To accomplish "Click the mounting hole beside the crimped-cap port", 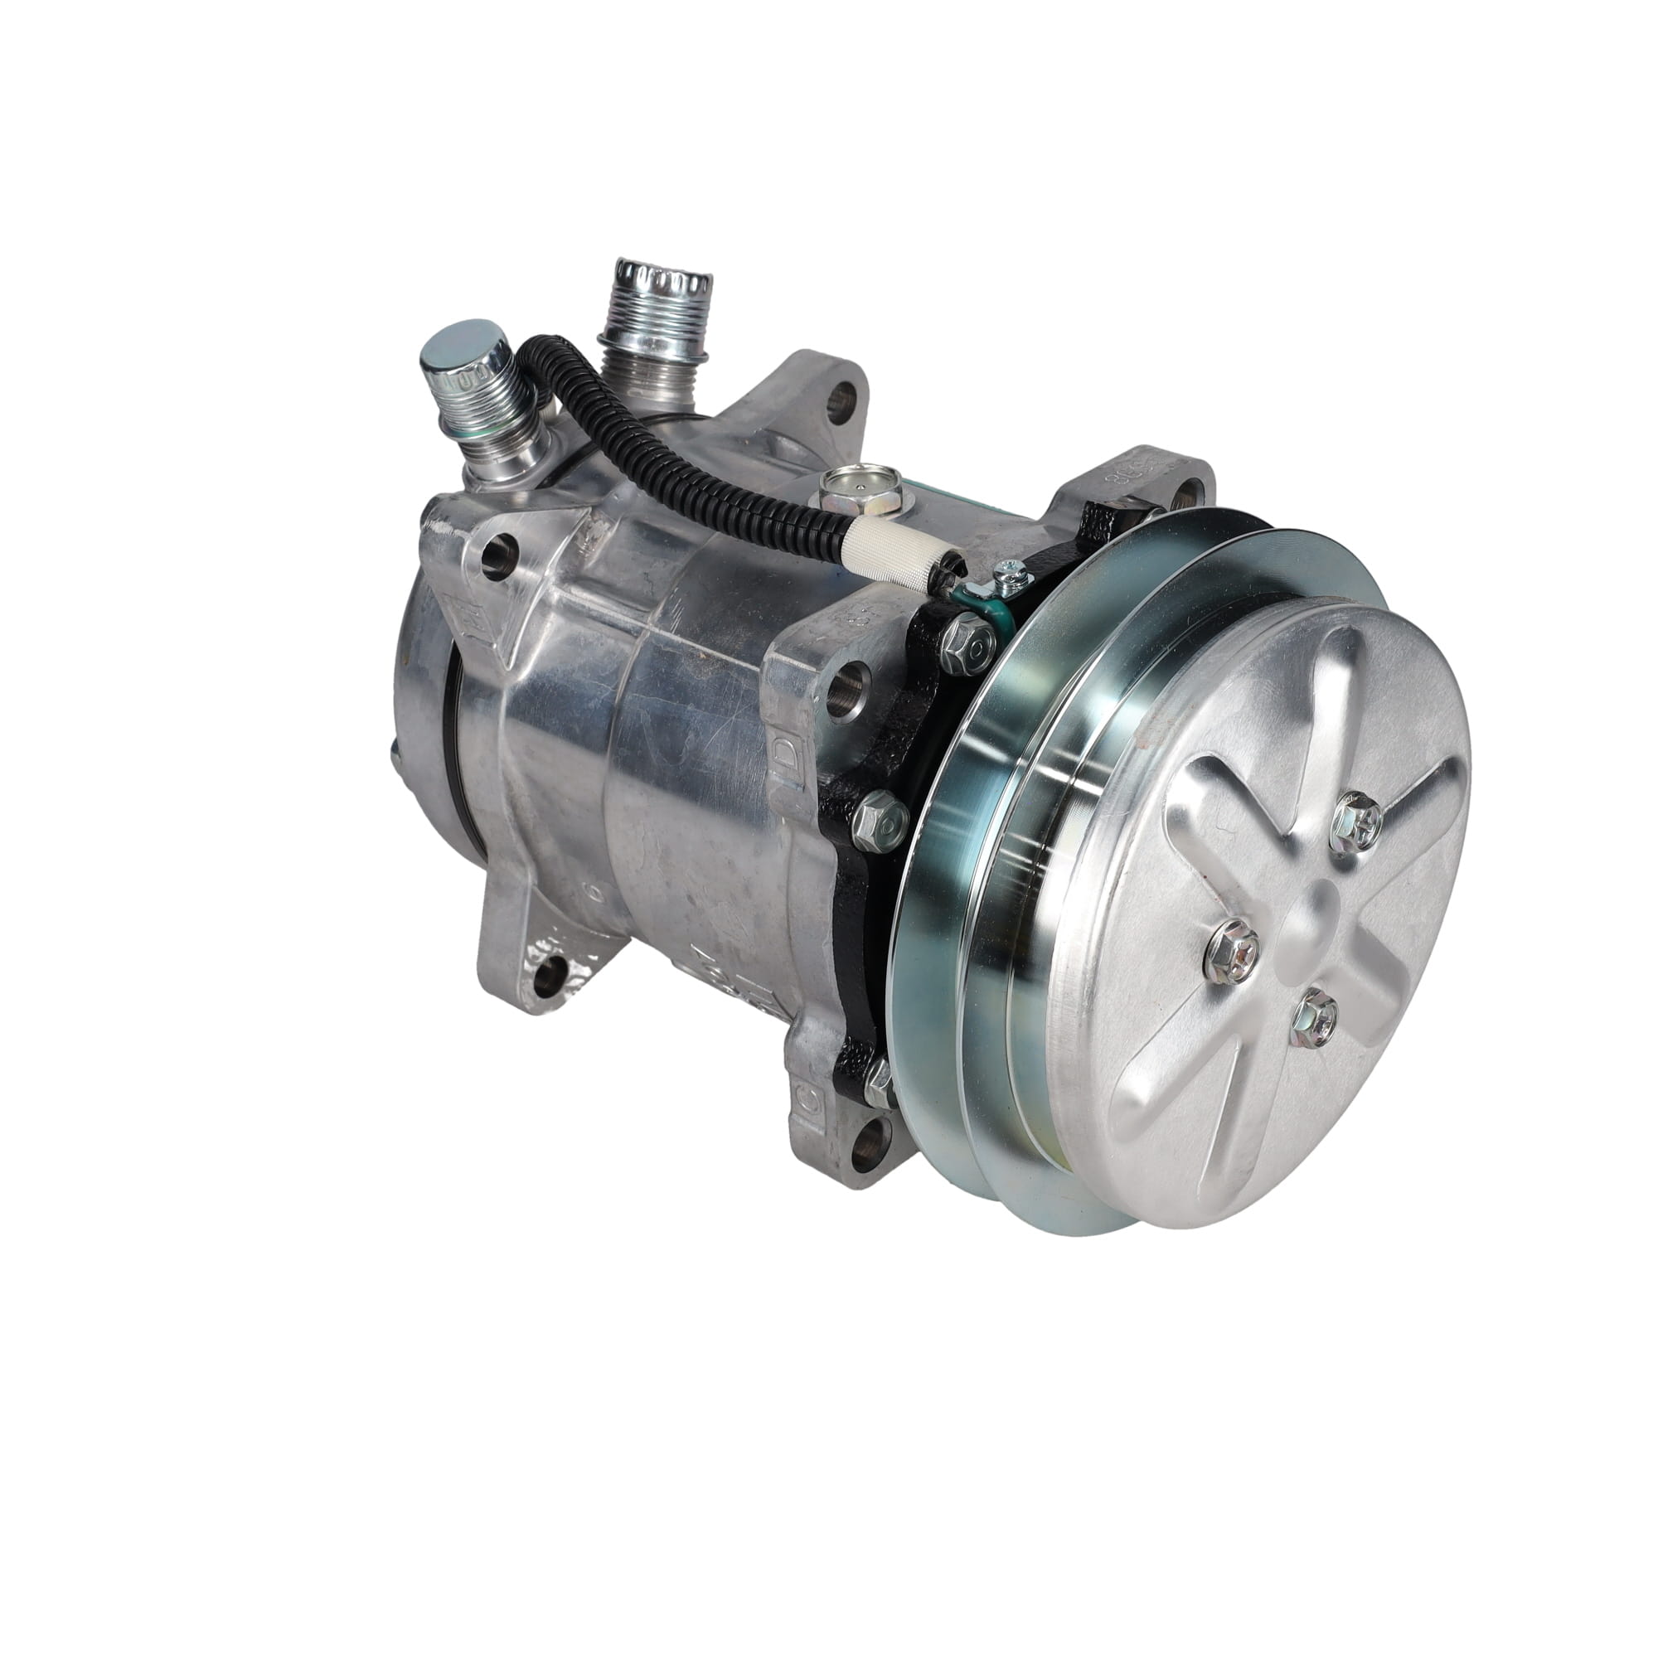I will tap(843, 396).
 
